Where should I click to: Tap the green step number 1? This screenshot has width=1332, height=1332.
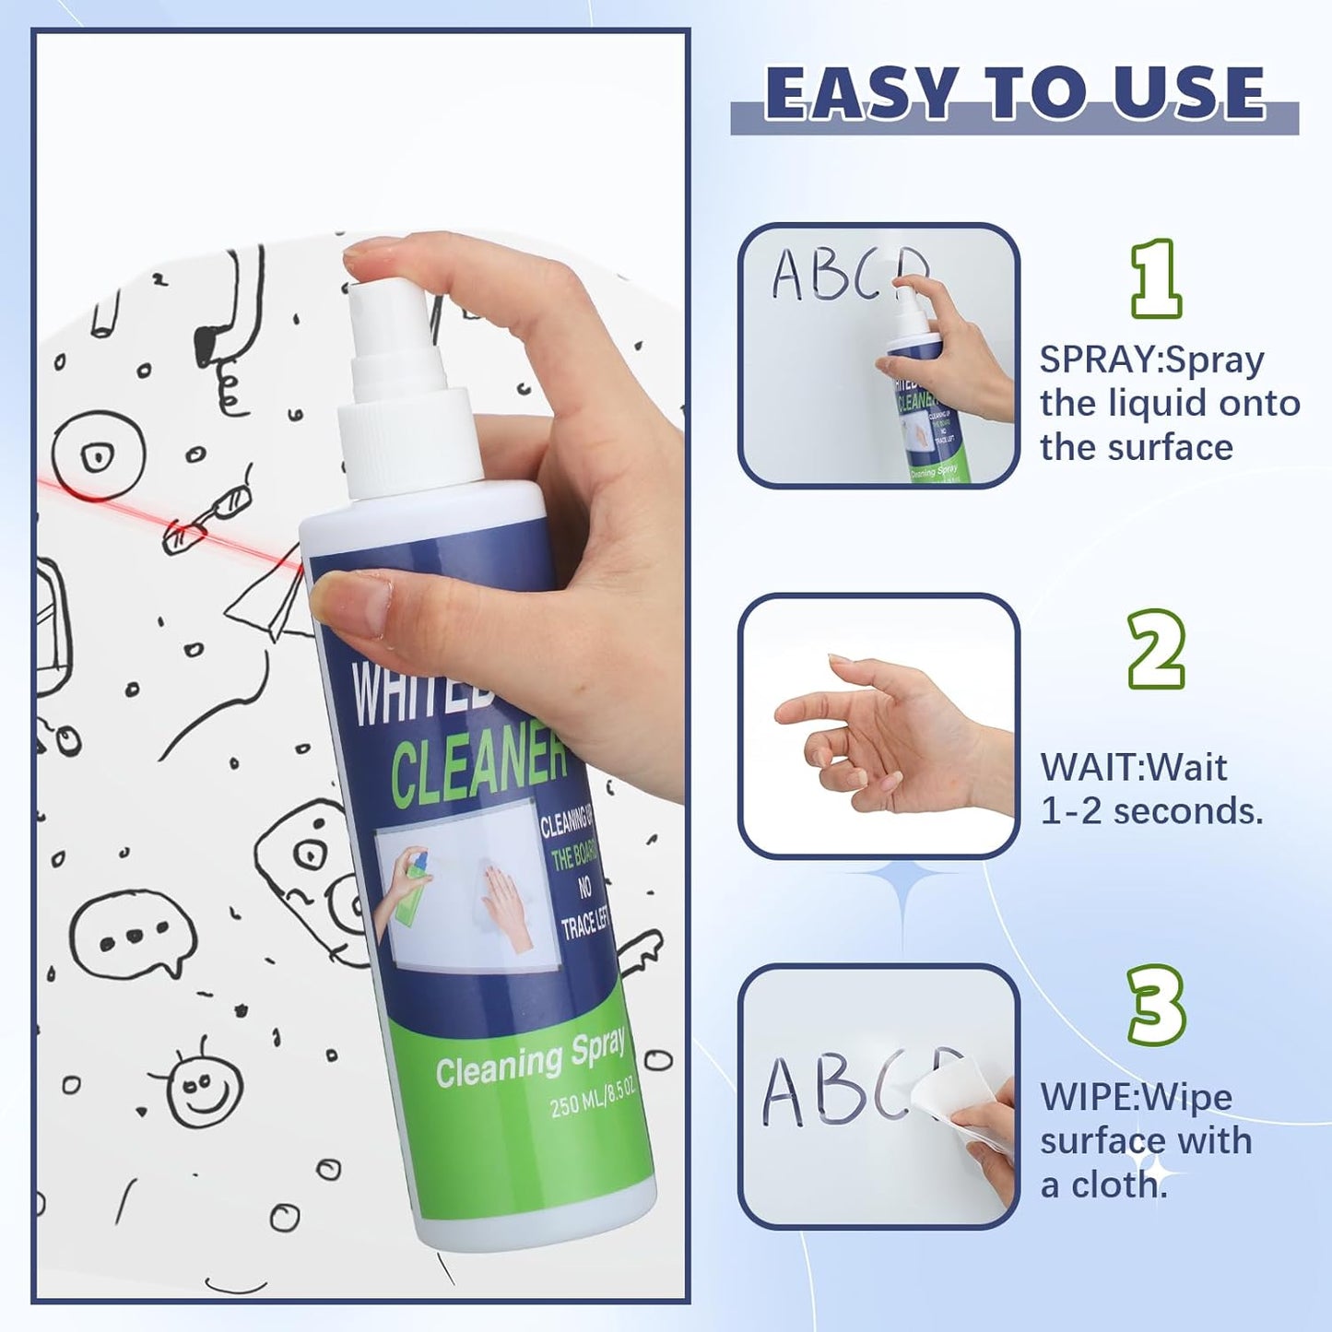(1156, 278)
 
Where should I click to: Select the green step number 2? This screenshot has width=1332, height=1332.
(1156, 649)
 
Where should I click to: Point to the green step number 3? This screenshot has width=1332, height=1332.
(1156, 1004)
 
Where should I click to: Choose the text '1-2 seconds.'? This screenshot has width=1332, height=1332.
(1151, 812)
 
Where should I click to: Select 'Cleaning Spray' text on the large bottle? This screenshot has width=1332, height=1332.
(530, 1058)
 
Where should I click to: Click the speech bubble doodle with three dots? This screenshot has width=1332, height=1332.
(134, 935)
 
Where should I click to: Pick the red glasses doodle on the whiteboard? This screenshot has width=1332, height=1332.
(207, 520)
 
